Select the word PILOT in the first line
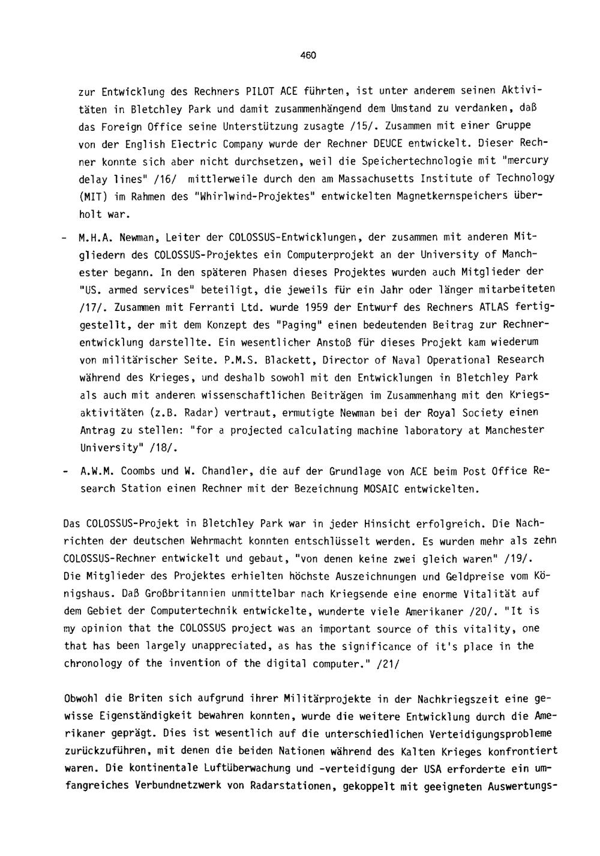click(x=260, y=91)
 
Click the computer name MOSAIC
click(x=385, y=489)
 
